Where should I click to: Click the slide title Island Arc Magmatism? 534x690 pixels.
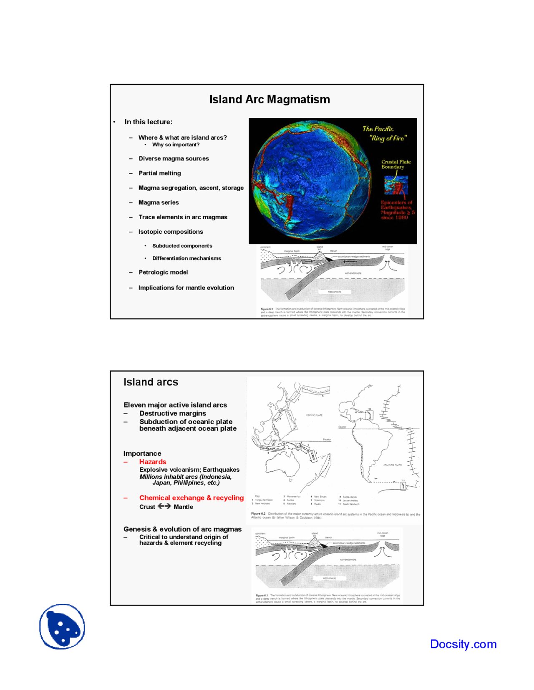[270, 100]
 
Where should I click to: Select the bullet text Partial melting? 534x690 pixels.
[159, 173]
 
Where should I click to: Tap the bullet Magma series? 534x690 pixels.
[159, 202]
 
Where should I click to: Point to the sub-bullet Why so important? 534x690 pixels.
[176, 145]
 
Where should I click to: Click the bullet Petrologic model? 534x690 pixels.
[163, 272]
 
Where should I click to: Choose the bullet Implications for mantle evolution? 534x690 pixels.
[186, 288]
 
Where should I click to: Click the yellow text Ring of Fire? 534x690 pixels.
[388, 138]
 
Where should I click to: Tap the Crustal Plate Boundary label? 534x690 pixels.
[395, 165]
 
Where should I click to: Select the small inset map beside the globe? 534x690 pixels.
[395, 185]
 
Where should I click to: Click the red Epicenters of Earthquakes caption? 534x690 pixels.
[397, 210]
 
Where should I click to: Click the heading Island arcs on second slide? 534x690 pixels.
[151, 382]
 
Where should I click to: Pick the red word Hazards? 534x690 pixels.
[153, 462]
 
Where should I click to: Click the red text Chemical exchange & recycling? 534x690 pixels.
[191, 498]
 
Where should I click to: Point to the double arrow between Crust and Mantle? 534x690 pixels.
[164, 506]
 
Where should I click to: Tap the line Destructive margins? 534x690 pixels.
[172, 413]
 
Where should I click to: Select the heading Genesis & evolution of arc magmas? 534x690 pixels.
[182, 529]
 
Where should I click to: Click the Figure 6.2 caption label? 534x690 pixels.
[258, 514]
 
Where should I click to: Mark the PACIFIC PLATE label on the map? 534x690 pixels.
[314, 415]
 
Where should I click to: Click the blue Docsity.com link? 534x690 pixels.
[463, 644]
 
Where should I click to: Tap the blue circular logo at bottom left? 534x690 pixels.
[62, 626]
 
